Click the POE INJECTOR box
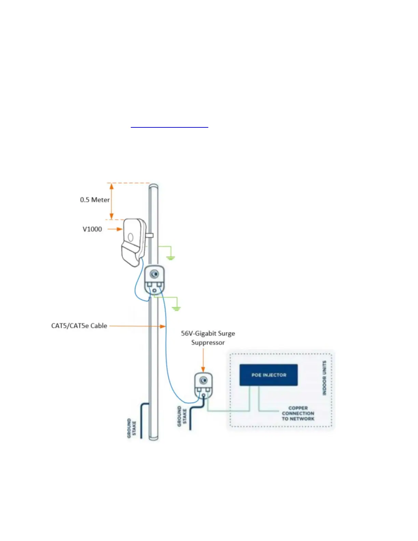tap(268, 375)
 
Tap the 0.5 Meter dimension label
tap(95, 200)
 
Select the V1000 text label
tap(92, 229)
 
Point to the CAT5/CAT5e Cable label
tap(79, 326)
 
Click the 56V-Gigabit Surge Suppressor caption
tap(208, 338)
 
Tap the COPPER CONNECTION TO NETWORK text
tap(298, 413)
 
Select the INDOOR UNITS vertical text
tap(324, 378)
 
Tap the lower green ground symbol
tap(176, 308)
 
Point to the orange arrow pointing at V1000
tap(115, 229)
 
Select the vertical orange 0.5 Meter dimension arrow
tap(111, 201)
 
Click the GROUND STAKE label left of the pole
tap(131, 428)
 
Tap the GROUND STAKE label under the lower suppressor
tap(182, 416)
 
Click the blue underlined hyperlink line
tap(169, 127)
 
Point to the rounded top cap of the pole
tap(154, 186)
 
